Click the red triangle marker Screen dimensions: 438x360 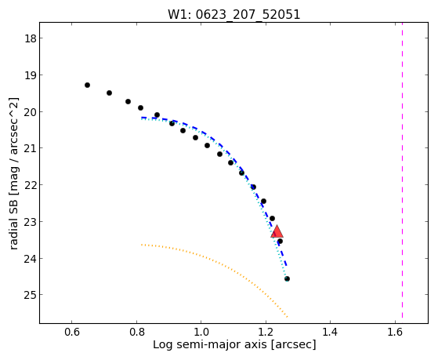tap(277, 231)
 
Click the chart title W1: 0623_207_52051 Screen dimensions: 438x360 tap(233, 14)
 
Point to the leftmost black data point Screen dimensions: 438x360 tap(87, 85)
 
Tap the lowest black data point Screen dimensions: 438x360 tap(287, 278)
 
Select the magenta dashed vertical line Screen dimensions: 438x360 tap(402, 170)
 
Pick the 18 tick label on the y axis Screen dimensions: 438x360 tap(31, 38)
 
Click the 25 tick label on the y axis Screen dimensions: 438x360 tap(31, 295)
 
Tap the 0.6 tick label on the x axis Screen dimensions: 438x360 tap(72, 332)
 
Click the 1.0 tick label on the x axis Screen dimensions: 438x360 tap(201, 332)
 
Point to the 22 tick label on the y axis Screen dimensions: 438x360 tap(31, 184)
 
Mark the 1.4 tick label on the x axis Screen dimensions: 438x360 tap(330, 332)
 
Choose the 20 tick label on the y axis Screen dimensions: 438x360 tap(31, 112)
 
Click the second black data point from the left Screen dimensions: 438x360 tap(109, 93)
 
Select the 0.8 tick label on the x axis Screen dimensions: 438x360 tap(136, 332)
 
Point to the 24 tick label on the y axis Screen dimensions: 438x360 tap(31, 259)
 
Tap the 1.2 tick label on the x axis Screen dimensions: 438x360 tap(266, 332)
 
